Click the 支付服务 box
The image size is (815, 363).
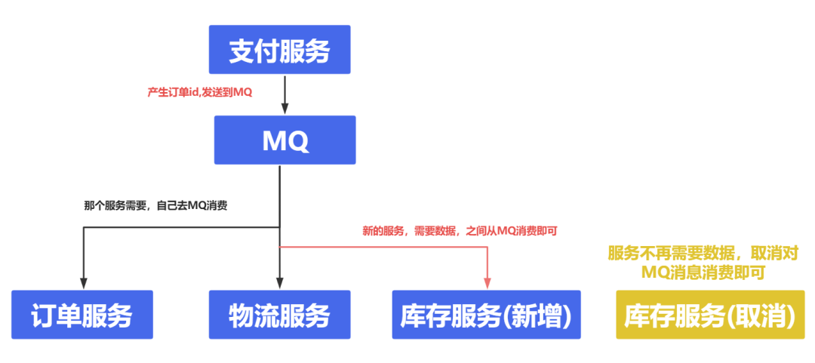point(280,50)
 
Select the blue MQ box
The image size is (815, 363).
point(284,140)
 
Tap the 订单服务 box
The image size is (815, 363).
point(82,315)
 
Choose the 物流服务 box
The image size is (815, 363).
point(280,315)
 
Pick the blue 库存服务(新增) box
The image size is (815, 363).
point(486,315)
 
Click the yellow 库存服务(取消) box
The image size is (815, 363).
point(710,315)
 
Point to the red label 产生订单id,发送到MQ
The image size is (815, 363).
point(199,92)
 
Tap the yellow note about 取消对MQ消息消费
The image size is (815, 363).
point(703,261)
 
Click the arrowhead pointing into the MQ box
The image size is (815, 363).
point(284,109)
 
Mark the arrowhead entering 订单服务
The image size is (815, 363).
point(83,284)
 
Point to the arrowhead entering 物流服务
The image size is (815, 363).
point(280,284)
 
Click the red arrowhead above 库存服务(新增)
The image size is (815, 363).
point(487,284)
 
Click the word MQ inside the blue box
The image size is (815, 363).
point(284,140)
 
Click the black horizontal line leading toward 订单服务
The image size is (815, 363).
point(181,227)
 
